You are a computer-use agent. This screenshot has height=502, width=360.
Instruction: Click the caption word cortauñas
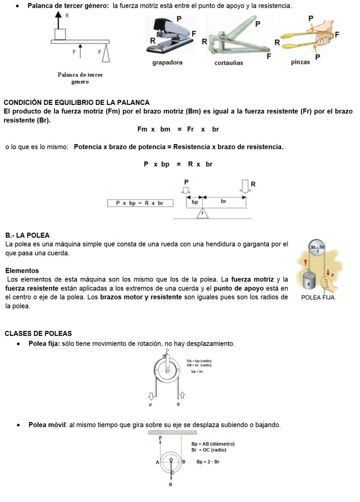click(x=228, y=63)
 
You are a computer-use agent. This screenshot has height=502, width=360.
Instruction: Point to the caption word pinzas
click(x=300, y=63)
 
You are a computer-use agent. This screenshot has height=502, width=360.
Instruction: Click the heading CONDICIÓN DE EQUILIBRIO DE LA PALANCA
click(x=76, y=102)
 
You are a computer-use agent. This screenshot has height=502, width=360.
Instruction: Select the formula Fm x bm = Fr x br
click(x=178, y=129)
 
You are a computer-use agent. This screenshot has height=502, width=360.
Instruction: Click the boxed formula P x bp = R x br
click(x=140, y=202)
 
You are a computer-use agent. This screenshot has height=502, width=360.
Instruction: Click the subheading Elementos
click(x=22, y=271)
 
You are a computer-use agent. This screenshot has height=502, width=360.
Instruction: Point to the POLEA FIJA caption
click(x=318, y=298)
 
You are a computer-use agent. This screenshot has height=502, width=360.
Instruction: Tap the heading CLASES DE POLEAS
click(x=38, y=333)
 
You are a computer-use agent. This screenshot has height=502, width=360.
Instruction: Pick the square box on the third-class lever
click(x=60, y=34)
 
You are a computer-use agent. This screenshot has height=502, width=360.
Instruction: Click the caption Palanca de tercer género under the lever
click(x=80, y=77)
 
